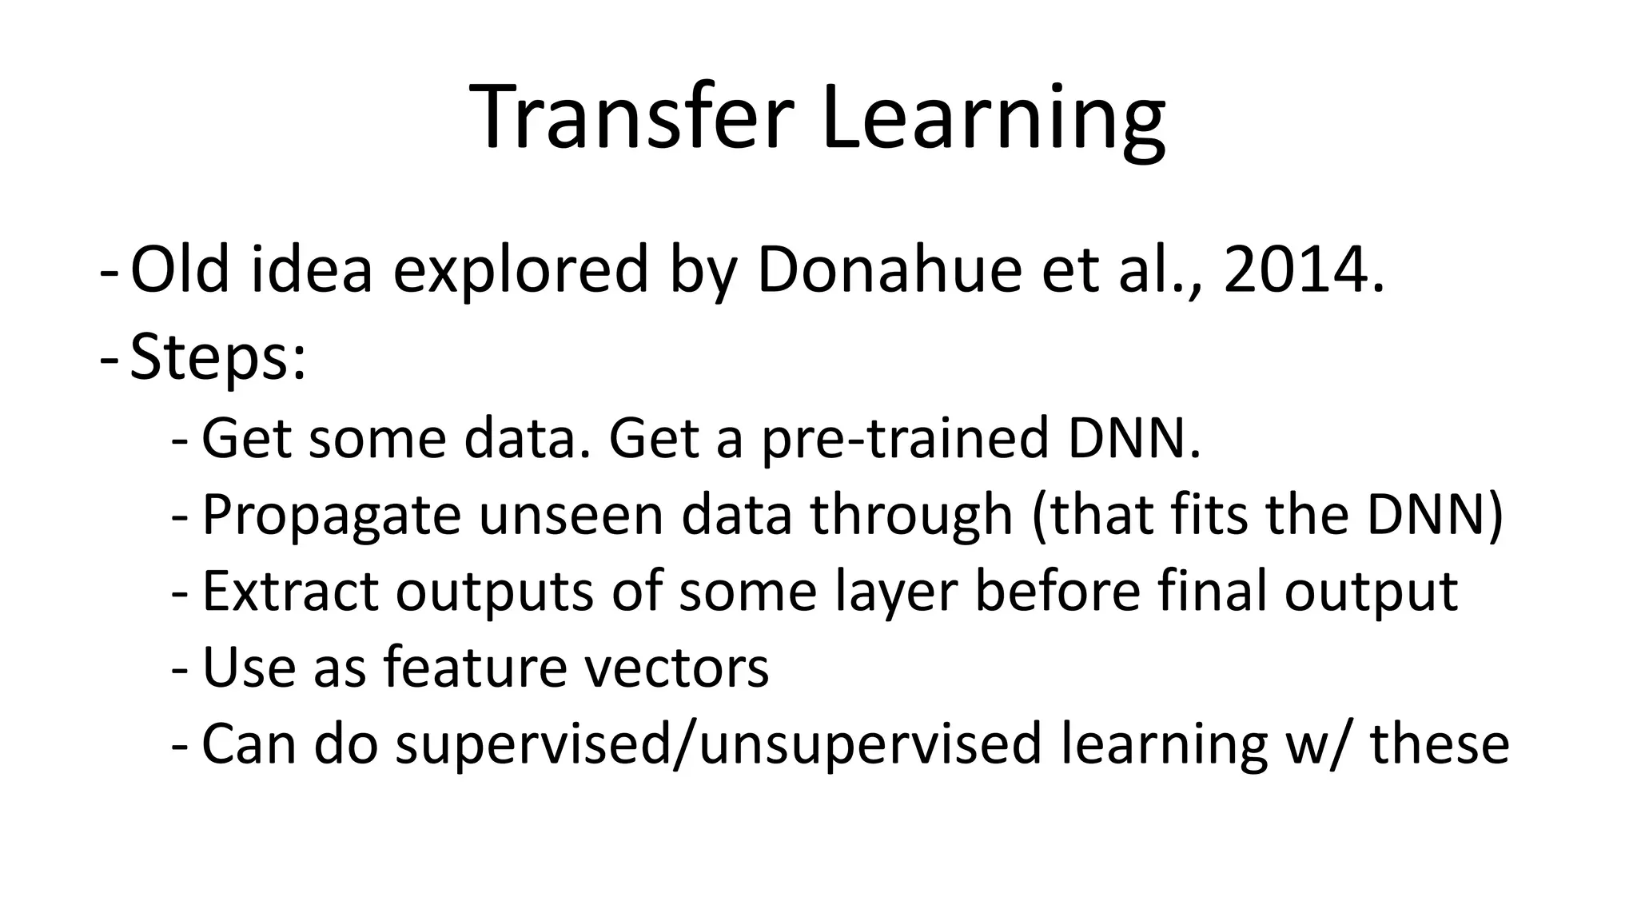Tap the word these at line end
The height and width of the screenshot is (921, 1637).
pos(1440,743)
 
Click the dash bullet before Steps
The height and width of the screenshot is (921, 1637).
pos(109,358)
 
